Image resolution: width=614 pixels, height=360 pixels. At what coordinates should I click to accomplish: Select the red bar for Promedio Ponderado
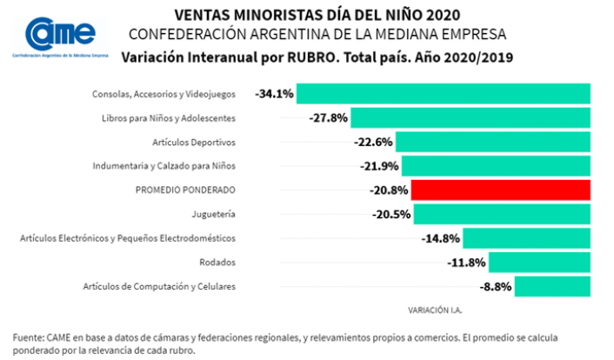coord(501,190)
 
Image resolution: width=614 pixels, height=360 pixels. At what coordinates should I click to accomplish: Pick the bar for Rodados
coord(540,262)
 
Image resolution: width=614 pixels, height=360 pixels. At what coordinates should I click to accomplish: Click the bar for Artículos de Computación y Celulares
coord(553,286)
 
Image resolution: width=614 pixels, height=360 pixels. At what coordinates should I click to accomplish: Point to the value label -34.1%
coord(275,93)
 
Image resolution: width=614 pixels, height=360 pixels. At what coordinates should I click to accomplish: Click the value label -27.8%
coord(328,117)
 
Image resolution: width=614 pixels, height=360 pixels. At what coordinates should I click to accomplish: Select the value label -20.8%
coord(388,190)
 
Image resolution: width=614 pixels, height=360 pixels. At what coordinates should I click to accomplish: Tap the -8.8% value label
coord(496,286)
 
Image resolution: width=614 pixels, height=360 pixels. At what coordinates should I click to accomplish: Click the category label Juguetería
coord(213,214)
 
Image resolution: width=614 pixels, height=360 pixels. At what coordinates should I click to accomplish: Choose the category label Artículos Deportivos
coord(192,142)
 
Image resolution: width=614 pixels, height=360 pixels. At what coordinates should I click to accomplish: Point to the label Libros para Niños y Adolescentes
coord(169,117)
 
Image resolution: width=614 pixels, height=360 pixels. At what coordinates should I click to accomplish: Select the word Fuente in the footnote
coord(29,337)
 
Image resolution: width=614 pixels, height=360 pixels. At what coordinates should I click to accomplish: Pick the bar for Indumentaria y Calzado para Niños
coord(496,165)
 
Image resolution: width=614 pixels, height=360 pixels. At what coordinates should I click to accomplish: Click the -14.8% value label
coord(440,237)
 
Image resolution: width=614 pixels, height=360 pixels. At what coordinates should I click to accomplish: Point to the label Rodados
coord(217,262)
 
